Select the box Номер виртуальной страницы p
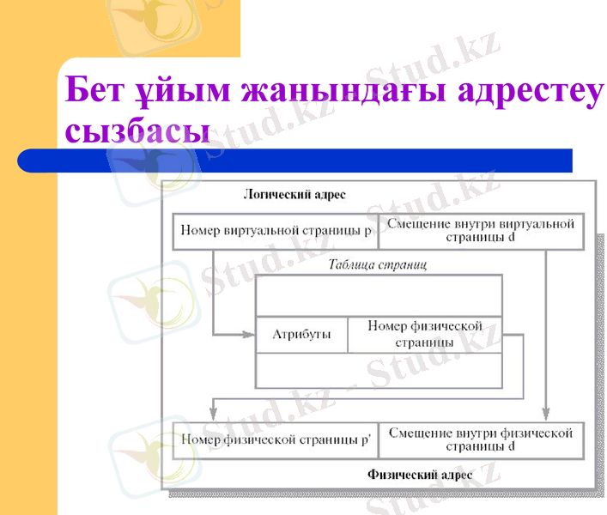(x=276, y=231)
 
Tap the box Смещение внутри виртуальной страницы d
(x=481, y=230)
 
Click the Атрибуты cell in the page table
(x=301, y=335)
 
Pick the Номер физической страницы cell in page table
(x=424, y=335)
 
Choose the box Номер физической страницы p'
(x=276, y=439)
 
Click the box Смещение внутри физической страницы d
(x=481, y=439)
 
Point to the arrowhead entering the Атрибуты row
(x=251, y=334)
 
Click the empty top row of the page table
(x=379, y=296)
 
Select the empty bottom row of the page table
(x=379, y=370)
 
